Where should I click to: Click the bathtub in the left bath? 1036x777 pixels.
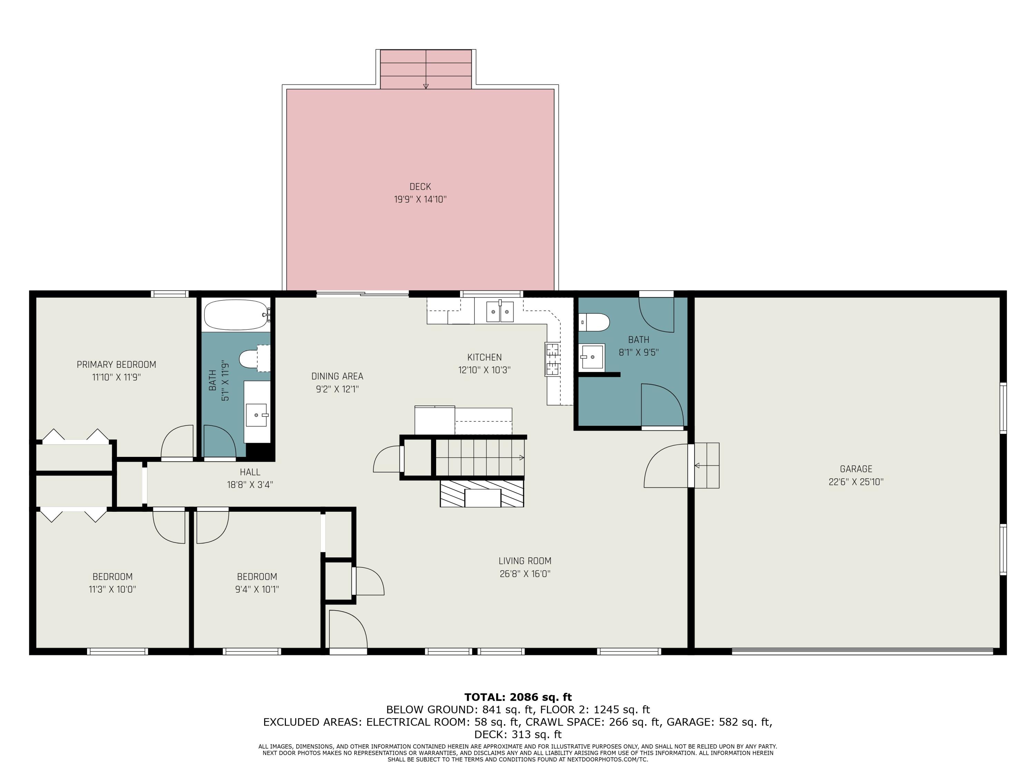coord(236,315)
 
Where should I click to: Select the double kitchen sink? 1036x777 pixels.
coord(500,312)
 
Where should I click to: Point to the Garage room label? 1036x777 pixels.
coord(856,469)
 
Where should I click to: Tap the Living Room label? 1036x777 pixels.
coord(525,560)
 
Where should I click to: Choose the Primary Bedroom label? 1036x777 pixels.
coord(116,364)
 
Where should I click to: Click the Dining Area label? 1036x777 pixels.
coord(337,376)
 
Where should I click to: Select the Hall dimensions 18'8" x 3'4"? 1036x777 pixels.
coord(250,485)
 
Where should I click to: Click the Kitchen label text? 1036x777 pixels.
coord(484,357)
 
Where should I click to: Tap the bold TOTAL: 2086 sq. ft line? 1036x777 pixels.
coord(518,697)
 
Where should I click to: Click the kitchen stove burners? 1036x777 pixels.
coord(553,359)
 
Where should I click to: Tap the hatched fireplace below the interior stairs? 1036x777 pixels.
coord(482,493)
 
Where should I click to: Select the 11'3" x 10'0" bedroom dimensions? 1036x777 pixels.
coord(112,589)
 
